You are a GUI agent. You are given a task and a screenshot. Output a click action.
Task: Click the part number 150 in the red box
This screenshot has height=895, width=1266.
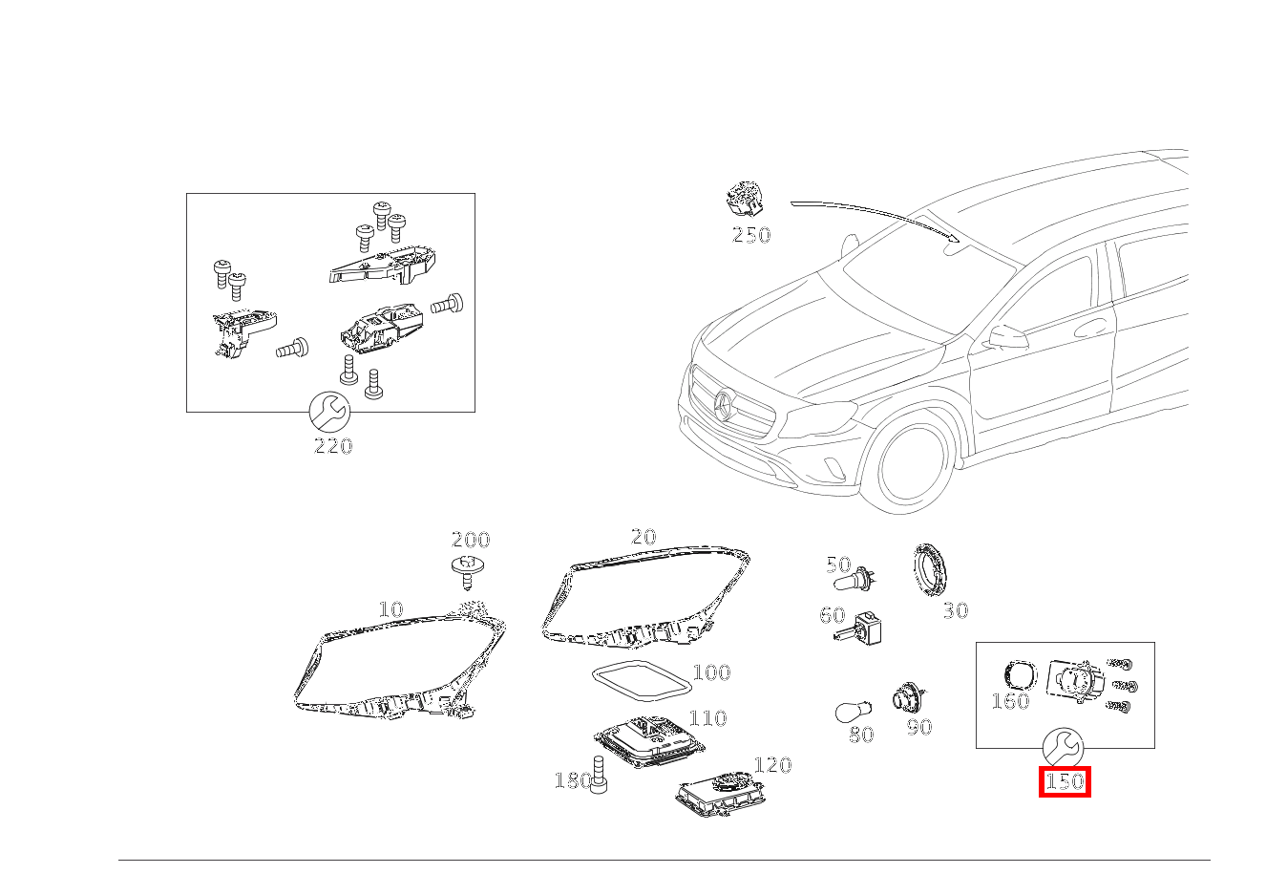pyautogui.click(x=1065, y=782)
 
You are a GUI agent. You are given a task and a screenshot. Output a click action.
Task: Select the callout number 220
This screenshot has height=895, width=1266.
pyautogui.click(x=333, y=446)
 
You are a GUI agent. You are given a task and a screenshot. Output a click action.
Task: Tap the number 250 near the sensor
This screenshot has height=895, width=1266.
pyautogui.click(x=751, y=235)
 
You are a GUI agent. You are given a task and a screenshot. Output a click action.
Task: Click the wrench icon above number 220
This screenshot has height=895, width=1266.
pyautogui.click(x=330, y=413)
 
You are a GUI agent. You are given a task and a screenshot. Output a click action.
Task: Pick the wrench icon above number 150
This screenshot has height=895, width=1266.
pyautogui.click(x=1063, y=748)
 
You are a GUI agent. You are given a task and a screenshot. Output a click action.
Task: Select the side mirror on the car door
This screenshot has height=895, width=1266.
pyautogui.click(x=1007, y=337)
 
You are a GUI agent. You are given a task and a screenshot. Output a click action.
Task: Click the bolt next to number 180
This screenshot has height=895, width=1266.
pyautogui.click(x=599, y=775)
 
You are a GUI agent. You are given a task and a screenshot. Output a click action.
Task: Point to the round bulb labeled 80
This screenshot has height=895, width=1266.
pyautogui.click(x=854, y=712)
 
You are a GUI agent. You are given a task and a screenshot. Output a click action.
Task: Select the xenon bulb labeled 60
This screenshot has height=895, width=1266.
pyautogui.click(x=858, y=629)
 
